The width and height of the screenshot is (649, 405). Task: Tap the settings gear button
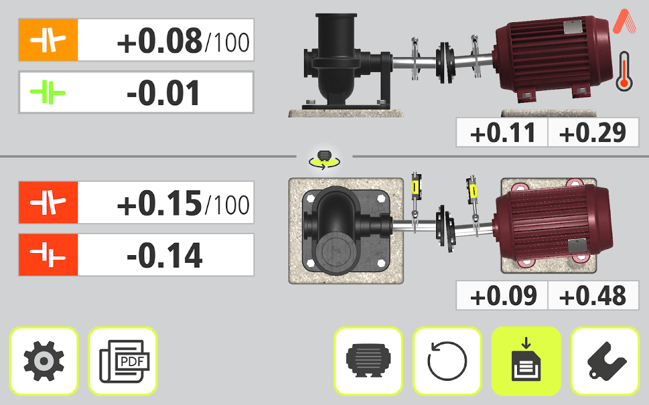pyautogui.click(x=44, y=361)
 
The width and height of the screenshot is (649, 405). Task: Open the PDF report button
pyautogui.click(x=123, y=361)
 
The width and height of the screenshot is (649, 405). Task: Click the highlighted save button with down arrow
pyautogui.click(x=526, y=361)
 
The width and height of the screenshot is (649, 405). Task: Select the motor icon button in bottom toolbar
pyautogui.click(x=368, y=361)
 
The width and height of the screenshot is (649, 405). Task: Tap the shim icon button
pyautogui.click(x=605, y=361)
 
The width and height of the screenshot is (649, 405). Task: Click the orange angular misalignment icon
pyautogui.click(x=48, y=40)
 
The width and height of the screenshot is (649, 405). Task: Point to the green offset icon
pyautogui.click(x=48, y=93)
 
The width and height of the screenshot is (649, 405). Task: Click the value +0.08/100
pyautogui.click(x=183, y=41)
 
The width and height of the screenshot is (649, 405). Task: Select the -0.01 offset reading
pyautogui.click(x=163, y=93)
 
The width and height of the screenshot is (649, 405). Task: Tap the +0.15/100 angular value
pyautogui.click(x=183, y=204)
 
